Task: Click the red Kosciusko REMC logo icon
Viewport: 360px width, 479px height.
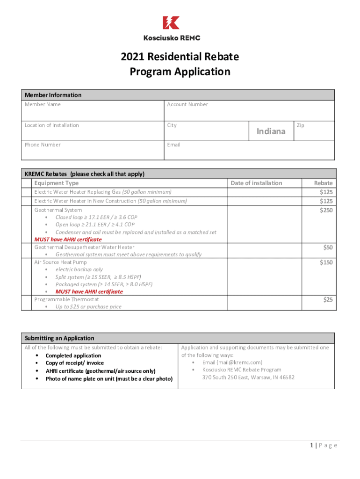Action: (171, 23)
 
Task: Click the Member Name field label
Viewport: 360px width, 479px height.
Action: (43, 104)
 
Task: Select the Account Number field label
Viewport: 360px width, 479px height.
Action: (187, 104)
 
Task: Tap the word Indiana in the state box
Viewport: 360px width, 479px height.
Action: (271, 131)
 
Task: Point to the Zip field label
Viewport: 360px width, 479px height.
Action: (300, 125)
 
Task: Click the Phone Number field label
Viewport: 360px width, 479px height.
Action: (43, 145)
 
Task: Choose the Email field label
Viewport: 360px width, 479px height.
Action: (173, 145)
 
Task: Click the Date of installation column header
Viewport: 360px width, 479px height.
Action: (256, 183)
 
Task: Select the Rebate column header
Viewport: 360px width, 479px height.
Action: (323, 183)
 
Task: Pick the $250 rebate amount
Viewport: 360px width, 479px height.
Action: (326, 210)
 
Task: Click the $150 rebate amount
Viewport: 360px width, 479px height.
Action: (326, 262)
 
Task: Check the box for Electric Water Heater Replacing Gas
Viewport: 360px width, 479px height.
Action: (27, 192)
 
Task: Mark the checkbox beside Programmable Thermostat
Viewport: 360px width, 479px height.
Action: (27, 303)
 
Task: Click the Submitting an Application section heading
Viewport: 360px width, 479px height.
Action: (59, 338)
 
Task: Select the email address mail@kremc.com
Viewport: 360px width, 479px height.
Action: (232, 362)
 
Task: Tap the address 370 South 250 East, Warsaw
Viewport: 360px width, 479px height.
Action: (248, 377)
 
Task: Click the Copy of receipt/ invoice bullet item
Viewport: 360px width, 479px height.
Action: (74, 363)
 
